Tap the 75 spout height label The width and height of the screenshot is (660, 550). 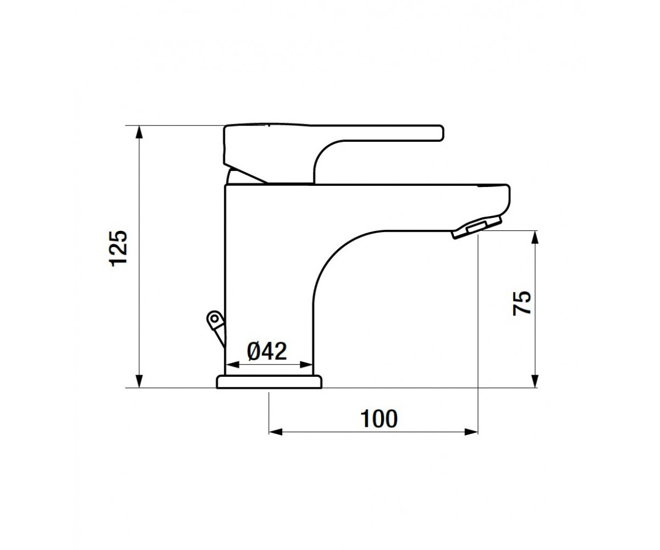[x=521, y=303]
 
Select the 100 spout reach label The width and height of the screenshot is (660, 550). [x=379, y=419]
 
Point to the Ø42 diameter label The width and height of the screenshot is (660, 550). [x=267, y=351]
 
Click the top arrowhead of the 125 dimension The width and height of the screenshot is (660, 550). [x=139, y=132]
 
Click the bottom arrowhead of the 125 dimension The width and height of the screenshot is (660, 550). [x=139, y=381]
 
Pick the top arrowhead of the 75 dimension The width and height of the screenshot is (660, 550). [x=535, y=237]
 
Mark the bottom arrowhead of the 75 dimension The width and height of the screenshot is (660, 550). [x=535, y=381]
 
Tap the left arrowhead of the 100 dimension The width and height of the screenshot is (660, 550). [x=276, y=432]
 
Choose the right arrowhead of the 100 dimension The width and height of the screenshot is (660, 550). [x=471, y=432]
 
